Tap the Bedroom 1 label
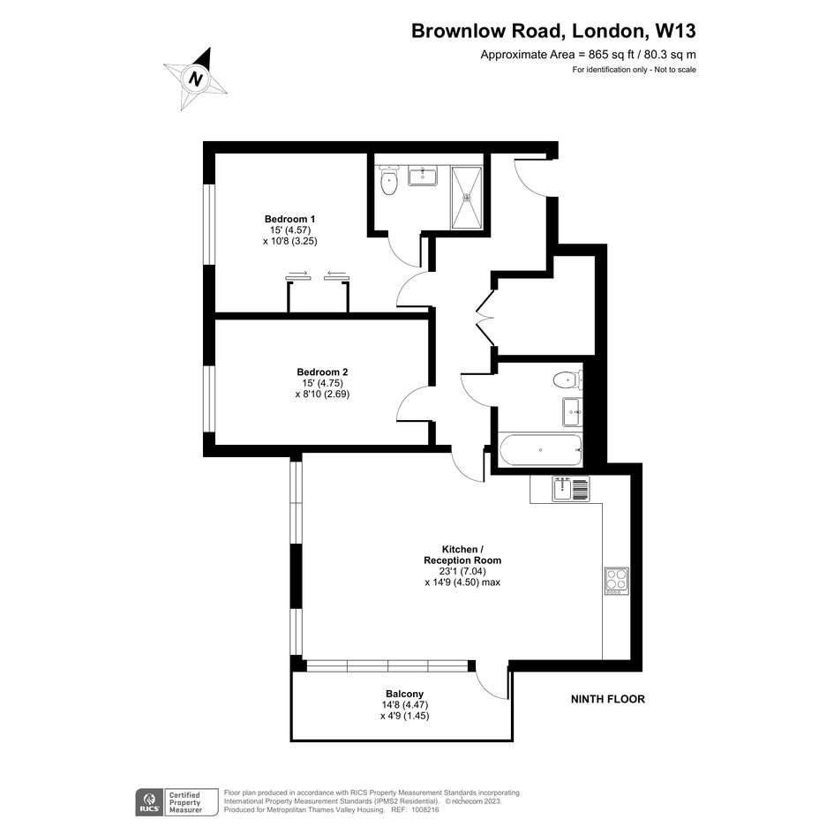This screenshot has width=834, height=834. click(289, 219)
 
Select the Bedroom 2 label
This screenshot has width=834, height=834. click(322, 372)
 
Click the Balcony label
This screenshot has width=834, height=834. click(405, 694)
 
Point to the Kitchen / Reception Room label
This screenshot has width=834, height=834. click(462, 555)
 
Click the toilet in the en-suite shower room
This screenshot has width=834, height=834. click(389, 181)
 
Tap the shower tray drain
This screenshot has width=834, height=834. click(467, 198)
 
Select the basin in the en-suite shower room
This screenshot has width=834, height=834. click(423, 176)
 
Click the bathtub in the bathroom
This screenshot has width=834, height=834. click(540, 450)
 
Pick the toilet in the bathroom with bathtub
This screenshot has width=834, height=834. click(567, 380)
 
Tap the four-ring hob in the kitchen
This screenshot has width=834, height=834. click(617, 581)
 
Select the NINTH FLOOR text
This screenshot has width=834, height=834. click(607, 699)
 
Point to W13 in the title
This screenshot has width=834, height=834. click(675, 31)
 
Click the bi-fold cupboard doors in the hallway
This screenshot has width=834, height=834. click(485, 318)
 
